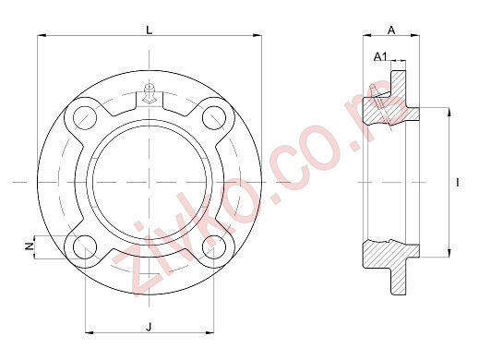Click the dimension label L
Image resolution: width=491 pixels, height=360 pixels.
pyautogui.click(x=150, y=30)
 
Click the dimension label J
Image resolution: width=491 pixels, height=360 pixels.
pyautogui.click(x=149, y=324)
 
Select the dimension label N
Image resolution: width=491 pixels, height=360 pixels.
pyautogui.click(x=30, y=246)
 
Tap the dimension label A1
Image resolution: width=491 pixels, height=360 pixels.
pyautogui.click(x=379, y=58)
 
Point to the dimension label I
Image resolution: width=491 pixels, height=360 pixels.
pyautogui.click(x=459, y=183)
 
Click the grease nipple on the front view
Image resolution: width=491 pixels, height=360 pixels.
pyautogui.click(x=149, y=92)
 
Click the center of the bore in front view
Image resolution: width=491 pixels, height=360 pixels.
pyautogui.click(x=149, y=183)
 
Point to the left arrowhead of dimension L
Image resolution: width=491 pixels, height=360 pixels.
pyautogui.click(x=41, y=37)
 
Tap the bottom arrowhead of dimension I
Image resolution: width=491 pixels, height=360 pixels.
pyautogui.click(x=449, y=253)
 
